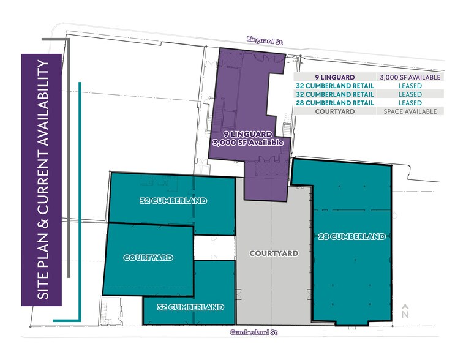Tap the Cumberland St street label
pos(254,332)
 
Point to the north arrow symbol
pos(405,310)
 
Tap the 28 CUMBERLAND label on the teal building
pos(351,236)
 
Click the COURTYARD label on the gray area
pos(273,253)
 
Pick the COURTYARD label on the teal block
pos(148,258)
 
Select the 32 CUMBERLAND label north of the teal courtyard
pos(173,201)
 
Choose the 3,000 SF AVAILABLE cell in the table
pos(410,77)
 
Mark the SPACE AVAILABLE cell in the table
pos(410,111)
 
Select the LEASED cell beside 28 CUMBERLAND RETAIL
pos(410,103)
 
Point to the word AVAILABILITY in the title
pos(42,105)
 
